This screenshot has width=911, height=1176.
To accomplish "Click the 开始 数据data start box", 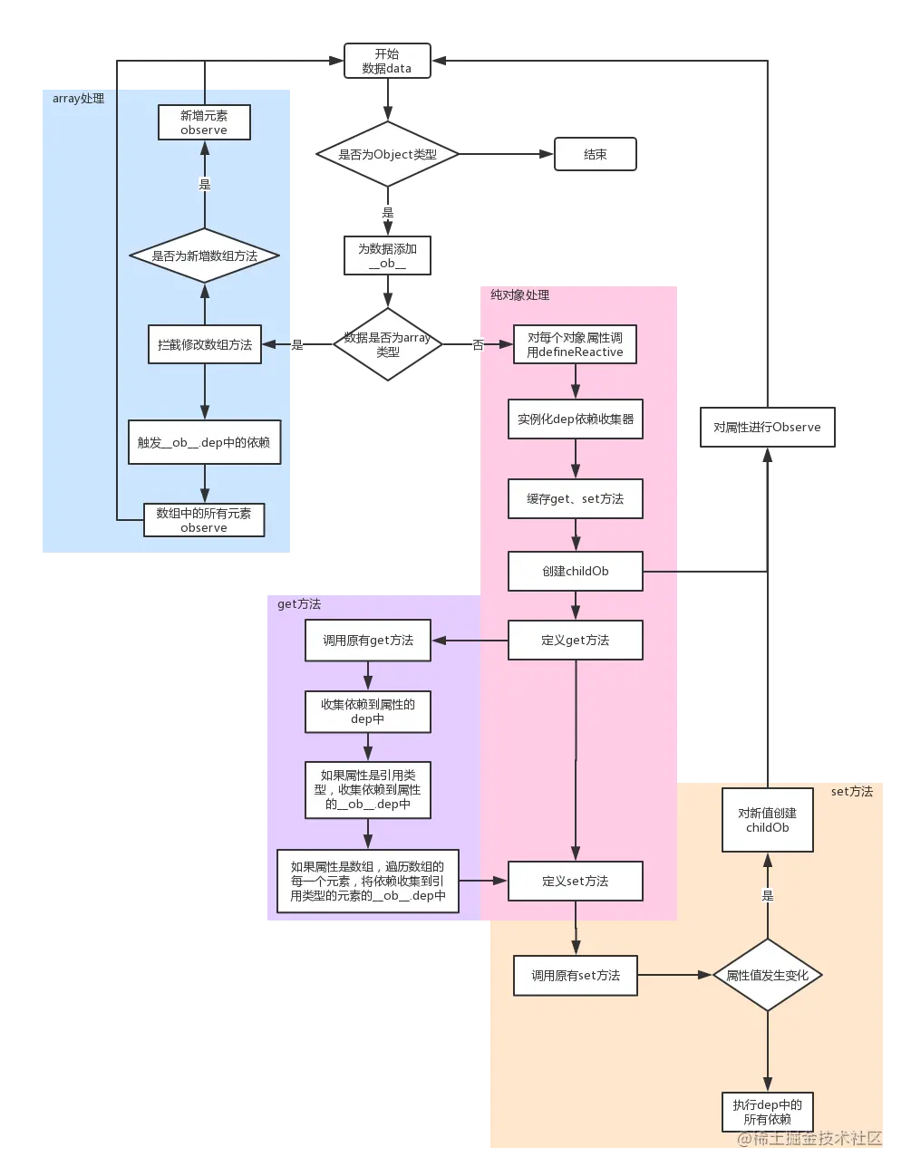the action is click(387, 61).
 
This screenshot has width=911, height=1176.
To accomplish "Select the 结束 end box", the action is click(595, 154).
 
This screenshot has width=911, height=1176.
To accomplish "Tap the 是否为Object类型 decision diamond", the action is click(388, 154).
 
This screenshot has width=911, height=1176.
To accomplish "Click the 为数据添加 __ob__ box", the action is click(388, 255).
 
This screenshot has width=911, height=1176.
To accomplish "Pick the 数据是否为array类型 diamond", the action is click(388, 344).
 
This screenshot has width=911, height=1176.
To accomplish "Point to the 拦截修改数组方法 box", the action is click(205, 344).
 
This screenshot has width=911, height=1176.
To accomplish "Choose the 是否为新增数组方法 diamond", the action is click(205, 255).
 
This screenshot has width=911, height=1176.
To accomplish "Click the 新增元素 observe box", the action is click(204, 122).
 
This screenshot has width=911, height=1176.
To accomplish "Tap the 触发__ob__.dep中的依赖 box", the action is click(205, 442).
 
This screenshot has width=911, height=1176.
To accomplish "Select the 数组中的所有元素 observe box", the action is click(204, 520).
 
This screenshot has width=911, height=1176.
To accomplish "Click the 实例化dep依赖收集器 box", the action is click(576, 419).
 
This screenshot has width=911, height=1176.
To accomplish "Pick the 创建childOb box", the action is click(576, 571).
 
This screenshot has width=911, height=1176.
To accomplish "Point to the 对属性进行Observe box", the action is click(768, 427).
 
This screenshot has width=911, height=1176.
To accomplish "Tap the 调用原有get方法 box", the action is click(368, 641).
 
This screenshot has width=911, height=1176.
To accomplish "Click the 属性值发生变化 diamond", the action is click(768, 975).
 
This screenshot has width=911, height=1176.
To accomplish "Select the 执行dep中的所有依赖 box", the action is click(768, 1112).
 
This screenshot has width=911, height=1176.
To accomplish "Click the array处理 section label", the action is click(79, 99).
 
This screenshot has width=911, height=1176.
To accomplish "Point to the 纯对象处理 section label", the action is click(519, 295).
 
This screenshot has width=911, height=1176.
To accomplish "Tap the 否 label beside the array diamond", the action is click(478, 344).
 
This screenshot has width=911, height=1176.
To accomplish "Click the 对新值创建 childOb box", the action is click(768, 820).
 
